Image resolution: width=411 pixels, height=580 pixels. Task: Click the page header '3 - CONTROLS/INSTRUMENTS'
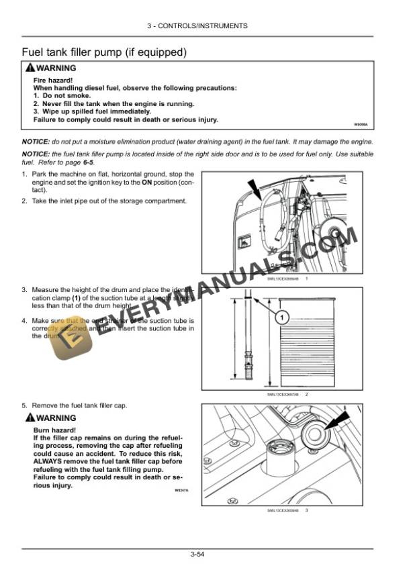[205, 26]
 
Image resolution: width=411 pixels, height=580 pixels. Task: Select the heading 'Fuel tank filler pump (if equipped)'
[104, 52]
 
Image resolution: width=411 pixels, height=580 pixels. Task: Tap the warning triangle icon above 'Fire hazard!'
[30, 68]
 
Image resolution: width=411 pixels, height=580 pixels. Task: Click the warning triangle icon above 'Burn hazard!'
[30, 419]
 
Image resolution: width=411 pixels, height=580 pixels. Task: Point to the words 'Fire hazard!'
[52, 81]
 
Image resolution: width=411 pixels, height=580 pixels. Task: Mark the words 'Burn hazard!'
[54, 430]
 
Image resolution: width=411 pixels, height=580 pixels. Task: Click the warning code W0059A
[361, 125]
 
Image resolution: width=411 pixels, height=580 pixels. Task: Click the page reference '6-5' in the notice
[87, 162]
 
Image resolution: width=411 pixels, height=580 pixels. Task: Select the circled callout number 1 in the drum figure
[283, 316]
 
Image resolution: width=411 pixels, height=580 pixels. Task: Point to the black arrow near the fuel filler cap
[339, 422]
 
